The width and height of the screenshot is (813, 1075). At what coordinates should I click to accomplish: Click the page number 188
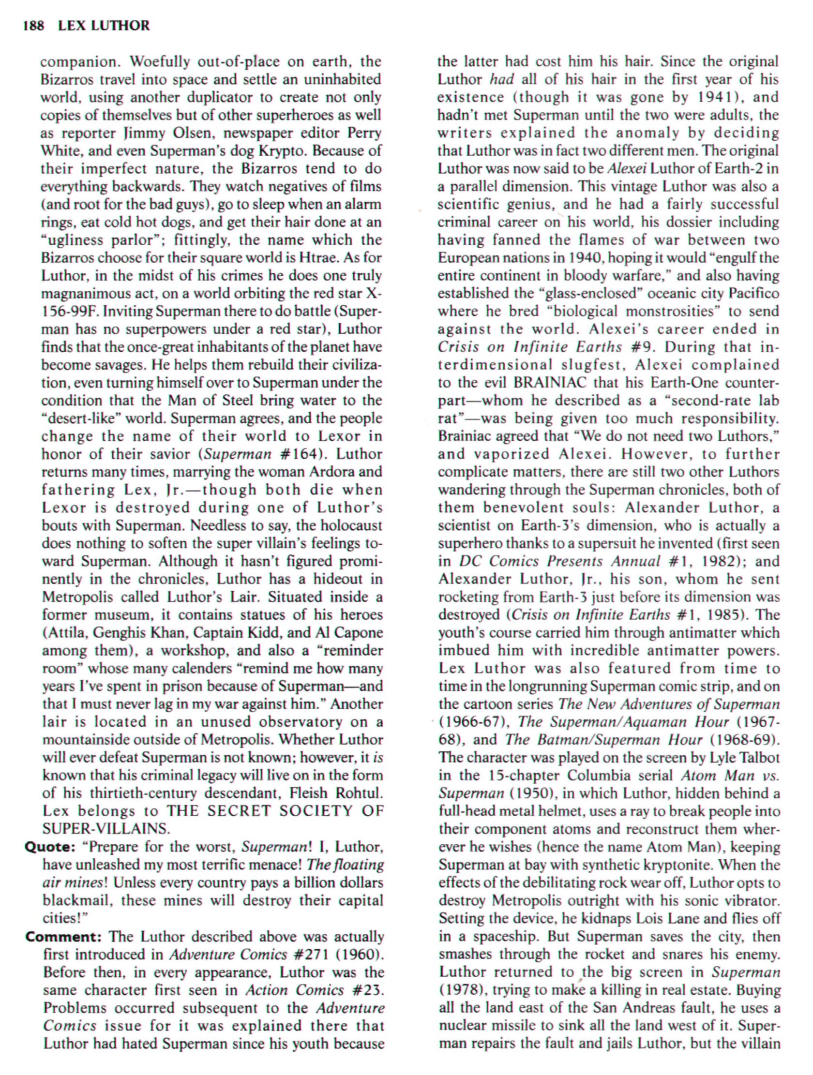(33, 25)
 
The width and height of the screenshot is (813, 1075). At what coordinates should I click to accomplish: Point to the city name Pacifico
(753, 294)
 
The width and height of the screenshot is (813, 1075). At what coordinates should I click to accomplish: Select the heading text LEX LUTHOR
(104, 25)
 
